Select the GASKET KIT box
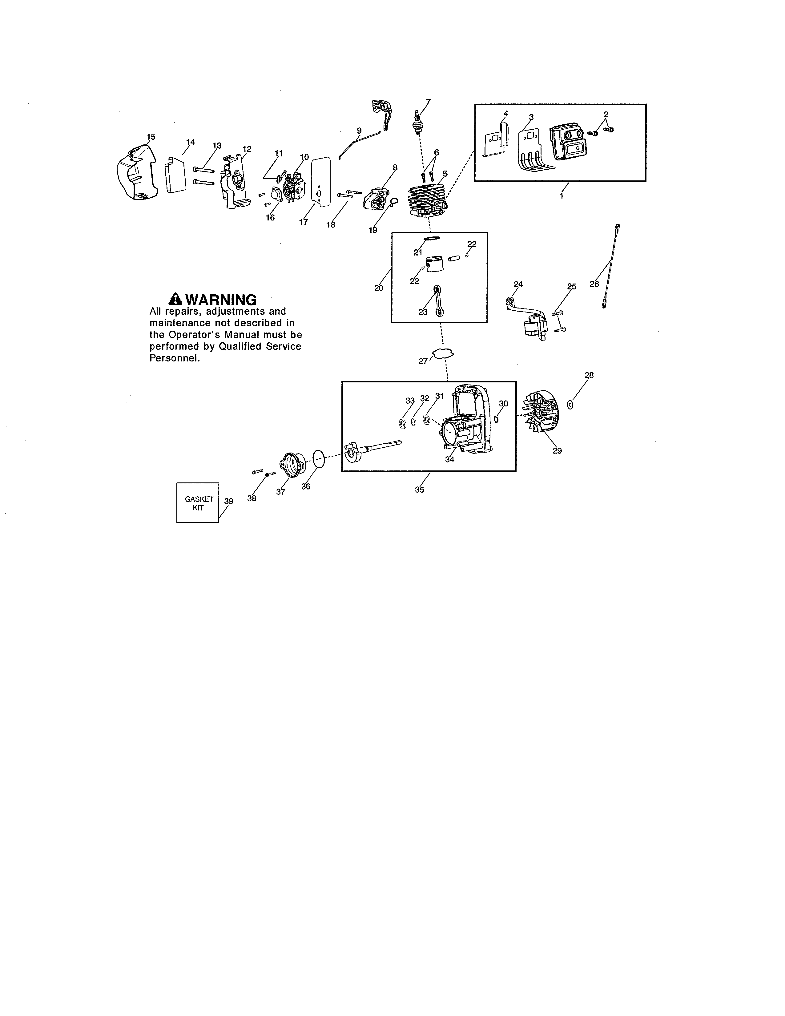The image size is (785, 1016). pyautogui.click(x=198, y=502)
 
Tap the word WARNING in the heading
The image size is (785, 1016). pyautogui.click(x=221, y=300)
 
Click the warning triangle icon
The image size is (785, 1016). pyautogui.click(x=175, y=298)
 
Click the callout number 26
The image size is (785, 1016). pyautogui.click(x=594, y=284)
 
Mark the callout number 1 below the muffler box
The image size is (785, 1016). pyautogui.click(x=561, y=196)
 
